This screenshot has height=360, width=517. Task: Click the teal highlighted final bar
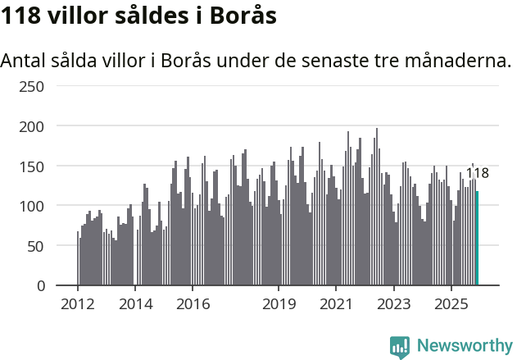[x=477, y=239]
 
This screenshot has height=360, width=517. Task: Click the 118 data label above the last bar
[x=477, y=173]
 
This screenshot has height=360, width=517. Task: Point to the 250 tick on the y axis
[x=33, y=86]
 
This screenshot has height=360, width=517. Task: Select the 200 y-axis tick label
[x=33, y=126]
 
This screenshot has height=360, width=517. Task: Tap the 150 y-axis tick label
[x=33, y=166]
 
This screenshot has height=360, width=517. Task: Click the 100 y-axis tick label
[x=33, y=206]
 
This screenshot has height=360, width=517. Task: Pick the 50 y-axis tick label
[x=36, y=245]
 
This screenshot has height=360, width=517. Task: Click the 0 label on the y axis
[x=40, y=285]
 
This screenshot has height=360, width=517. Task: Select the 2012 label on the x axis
[x=78, y=303]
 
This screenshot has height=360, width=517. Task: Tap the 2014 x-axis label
[x=135, y=303]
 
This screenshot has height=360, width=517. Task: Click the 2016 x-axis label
[x=193, y=303]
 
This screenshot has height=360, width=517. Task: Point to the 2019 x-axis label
[x=279, y=303]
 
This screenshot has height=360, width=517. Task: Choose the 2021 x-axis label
[x=336, y=303]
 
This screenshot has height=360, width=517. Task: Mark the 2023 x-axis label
[x=393, y=303]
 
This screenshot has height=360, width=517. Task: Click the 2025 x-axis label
[x=451, y=303]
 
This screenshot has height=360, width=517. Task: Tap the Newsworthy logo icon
[x=400, y=347]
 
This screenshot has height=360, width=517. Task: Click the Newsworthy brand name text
[x=464, y=347]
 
